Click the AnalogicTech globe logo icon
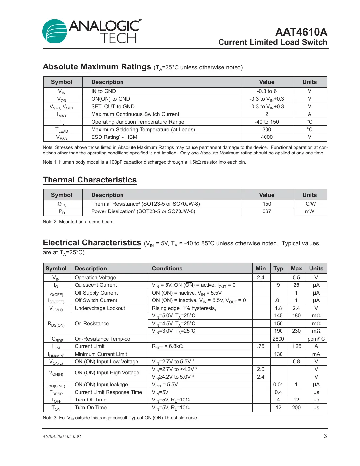pos(55,31)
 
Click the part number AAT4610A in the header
pos(301,32)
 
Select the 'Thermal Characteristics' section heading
pos(90,180)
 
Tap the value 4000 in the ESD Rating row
pos(266,137)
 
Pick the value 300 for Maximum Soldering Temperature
pos(266,129)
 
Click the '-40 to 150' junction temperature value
pos(266,122)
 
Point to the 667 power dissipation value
pos(266,211)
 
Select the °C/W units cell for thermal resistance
pos(310,204)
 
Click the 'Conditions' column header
pos(167,269)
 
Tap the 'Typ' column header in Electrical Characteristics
pos(278,269)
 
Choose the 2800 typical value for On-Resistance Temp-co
pos(278,339)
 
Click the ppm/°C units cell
pos(316,339)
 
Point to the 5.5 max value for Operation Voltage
pos(296,278)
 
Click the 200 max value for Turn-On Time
pos(296,408)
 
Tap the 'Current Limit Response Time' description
pos(108,392)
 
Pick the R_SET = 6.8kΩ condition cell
pos(167,346)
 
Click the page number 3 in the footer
pos(325,436)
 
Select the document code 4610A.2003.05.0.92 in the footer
pos(62,436)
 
